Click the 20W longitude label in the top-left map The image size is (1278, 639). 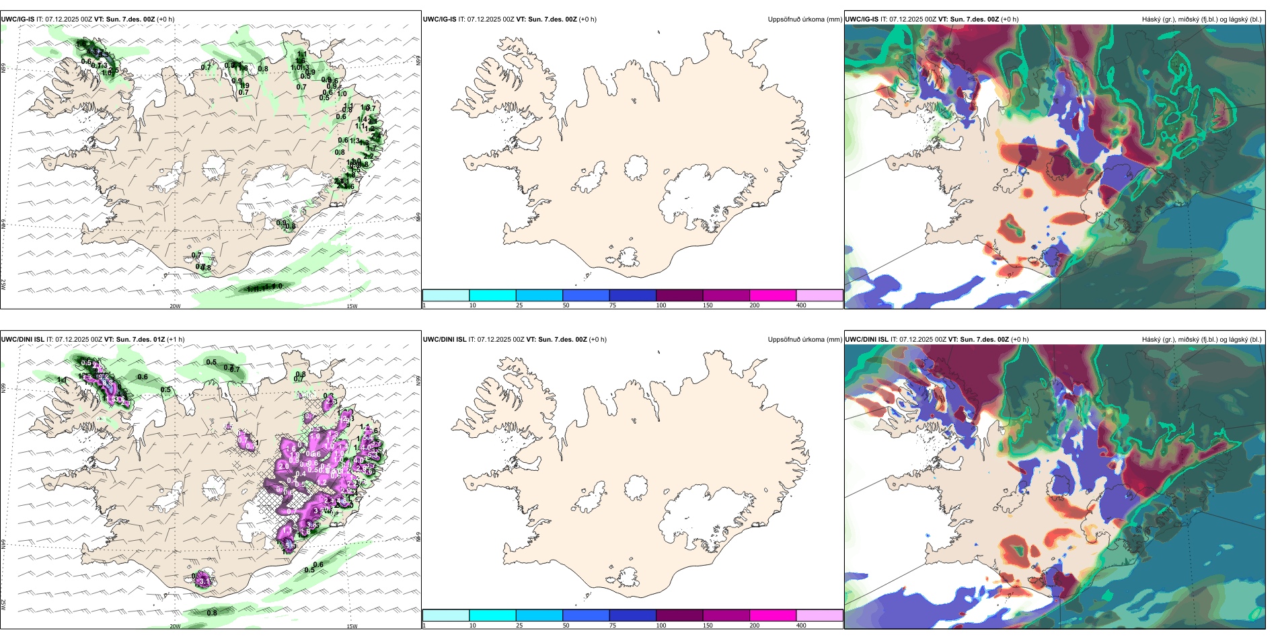point(175,306)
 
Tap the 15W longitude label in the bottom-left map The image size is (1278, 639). point(352,626)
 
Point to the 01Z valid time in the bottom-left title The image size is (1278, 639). point(159,340)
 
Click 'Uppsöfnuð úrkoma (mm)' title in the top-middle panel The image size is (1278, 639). point(804,20)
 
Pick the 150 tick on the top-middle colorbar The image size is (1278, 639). point(708,305)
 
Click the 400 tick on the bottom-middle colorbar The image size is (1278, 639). point(801,626)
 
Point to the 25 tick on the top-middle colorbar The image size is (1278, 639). point(519,305)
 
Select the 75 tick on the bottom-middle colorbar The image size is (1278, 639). point(613,626)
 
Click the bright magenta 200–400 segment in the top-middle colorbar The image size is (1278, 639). point(773,295)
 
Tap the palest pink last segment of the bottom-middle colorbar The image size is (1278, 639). point(819,615)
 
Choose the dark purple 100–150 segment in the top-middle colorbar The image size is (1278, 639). point(679,295)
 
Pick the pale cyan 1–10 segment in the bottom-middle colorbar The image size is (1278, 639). point(446,615)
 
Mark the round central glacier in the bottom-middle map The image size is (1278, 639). point(636,487)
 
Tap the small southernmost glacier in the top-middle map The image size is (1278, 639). point(628,257)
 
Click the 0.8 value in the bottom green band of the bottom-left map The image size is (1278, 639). point(212,613)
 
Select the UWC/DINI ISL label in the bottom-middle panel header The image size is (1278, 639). point(445,340)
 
